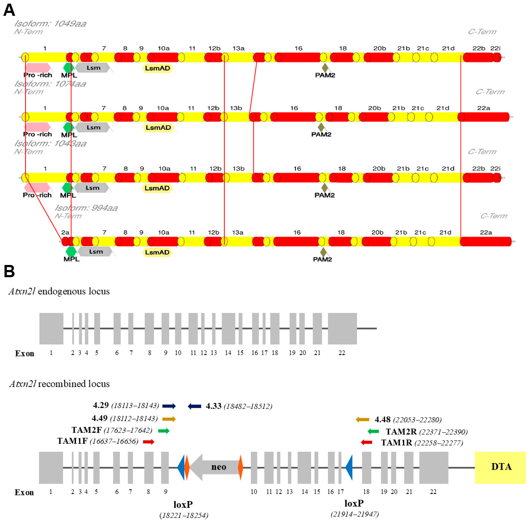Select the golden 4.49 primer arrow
(x=169, y=419)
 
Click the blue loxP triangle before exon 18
(x=349, y=467)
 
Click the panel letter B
(x=9, y=271)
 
